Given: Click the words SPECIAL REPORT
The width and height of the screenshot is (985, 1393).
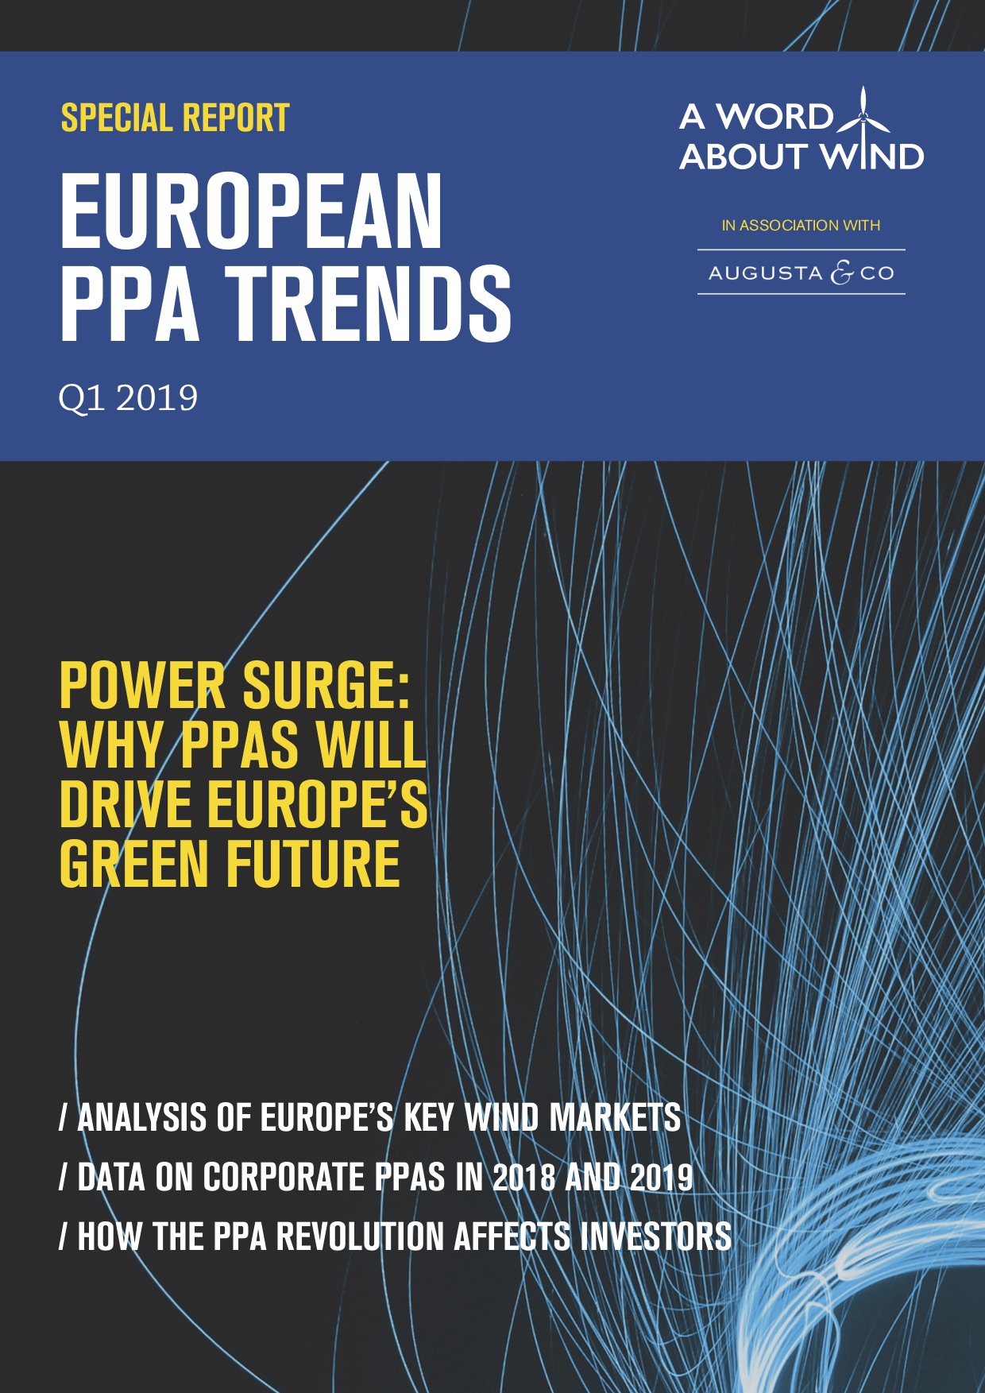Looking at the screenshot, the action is (x=175, y=118).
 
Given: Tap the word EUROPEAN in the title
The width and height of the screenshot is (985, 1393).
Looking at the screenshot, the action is (x=251, y=212).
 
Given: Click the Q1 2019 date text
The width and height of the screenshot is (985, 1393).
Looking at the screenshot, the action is (x=128, y=398).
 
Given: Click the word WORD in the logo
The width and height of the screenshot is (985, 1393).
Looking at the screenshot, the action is (x=774, y=117).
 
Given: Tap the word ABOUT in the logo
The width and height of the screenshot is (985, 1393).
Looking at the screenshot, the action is (x=744, y=157).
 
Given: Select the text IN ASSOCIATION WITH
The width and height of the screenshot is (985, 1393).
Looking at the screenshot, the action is (x=801, y=226).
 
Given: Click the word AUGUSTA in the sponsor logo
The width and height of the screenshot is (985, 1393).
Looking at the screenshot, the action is (x=765, y=273).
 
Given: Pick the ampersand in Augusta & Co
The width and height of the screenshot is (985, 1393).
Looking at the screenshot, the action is (x=841, y=273).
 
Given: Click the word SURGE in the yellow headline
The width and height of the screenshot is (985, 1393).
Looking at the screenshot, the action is (x=326, y=686).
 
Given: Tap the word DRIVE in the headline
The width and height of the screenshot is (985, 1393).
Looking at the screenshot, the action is (x=128, y=804).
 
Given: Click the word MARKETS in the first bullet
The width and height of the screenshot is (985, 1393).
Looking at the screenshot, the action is (x=615, y=1117).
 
